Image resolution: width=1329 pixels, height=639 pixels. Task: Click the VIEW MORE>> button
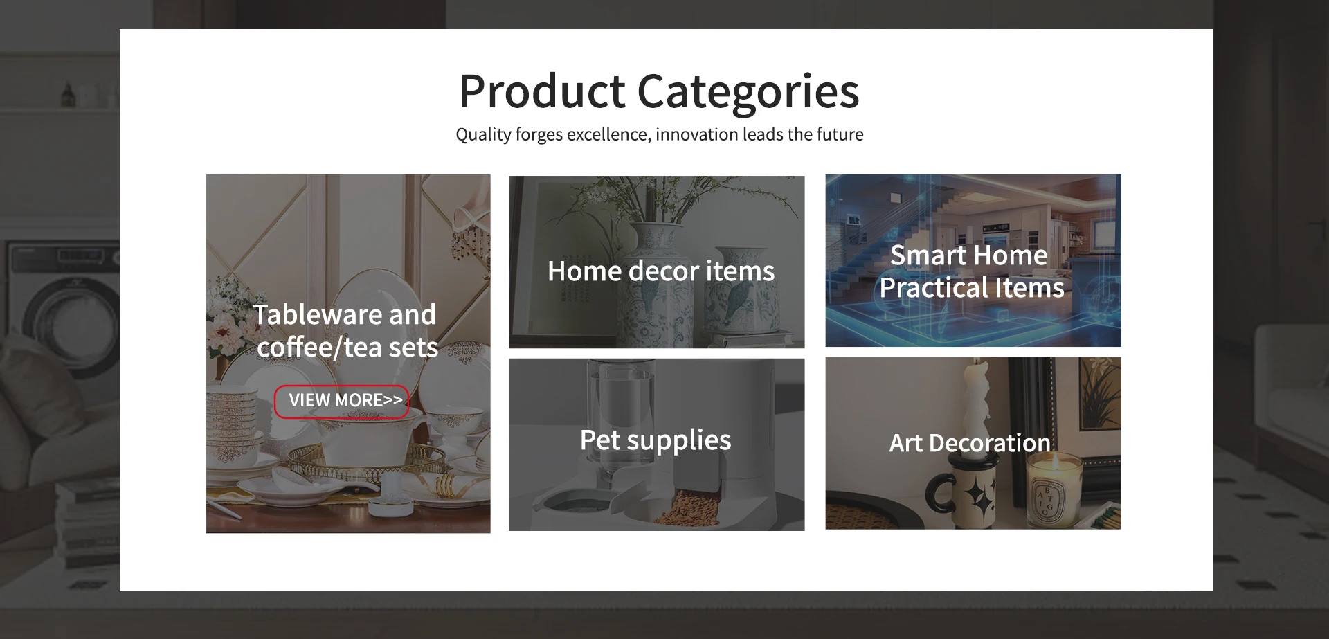tap(342, 401)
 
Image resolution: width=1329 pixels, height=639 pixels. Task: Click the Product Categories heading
tap(659, 91)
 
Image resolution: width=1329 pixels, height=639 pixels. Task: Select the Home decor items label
tap(661, 271)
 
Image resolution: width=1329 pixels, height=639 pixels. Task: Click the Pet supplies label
tap(656, 440)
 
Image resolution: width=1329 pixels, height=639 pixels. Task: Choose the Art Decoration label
tap(970, 443)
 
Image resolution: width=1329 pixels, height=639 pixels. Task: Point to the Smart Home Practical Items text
tap(972, 271)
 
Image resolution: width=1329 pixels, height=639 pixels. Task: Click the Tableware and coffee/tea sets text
tap(346, 331)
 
